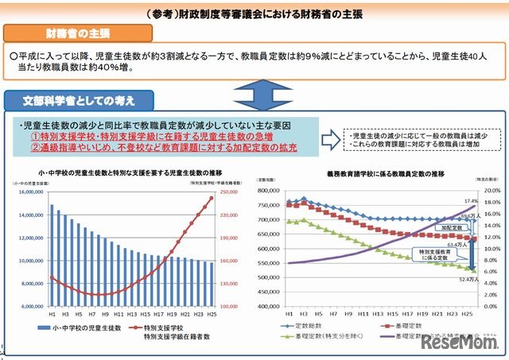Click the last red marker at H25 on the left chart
point(211,198)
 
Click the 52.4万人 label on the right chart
point(471,278)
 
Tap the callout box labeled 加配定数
point(451,226)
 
